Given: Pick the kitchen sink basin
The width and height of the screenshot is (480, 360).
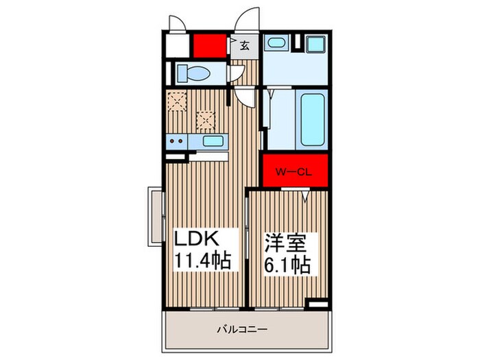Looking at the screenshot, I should tap(213, 142).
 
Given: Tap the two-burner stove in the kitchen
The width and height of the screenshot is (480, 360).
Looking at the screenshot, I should tap(176, 142).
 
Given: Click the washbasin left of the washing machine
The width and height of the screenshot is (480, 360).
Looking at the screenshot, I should tap(277, 43).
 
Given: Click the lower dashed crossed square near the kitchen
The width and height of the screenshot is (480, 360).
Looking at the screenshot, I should tap(205, 119).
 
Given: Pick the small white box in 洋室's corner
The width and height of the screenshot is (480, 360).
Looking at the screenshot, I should tap(317, 302).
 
